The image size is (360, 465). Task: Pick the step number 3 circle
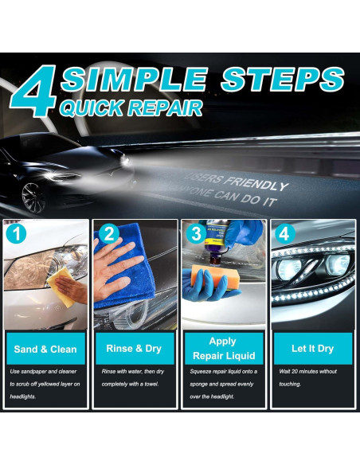click(194, 233)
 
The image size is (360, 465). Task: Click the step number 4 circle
click(284, 233)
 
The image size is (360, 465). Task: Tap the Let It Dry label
click(313, 349)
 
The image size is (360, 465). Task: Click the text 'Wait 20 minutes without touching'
click(307, 377)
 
